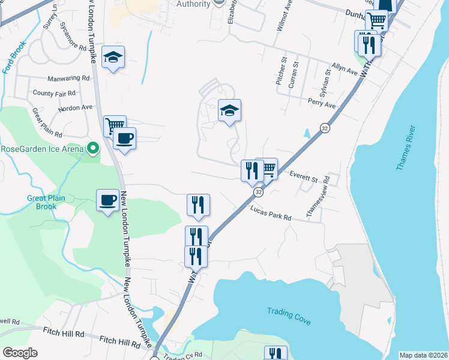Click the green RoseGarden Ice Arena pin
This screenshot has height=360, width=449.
pyautogui.click(x=92, y=148)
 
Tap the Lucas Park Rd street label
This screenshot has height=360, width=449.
pyautogui.click(x=271, y=214)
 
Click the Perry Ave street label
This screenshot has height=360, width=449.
pyautogui.click(x=322, y=103)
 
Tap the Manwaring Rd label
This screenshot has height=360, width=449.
pyautogui.click(x=69, y=78)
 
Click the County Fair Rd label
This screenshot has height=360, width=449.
pyautogui.click(x=54, y=93)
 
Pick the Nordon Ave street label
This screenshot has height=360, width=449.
pyautogui.click(x=76, y=108)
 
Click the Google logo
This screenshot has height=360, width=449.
pyautogui.click(x=20, y=353)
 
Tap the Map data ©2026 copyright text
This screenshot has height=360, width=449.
pyautogui.click(x=423, y=355)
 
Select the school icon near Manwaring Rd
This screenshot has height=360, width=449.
pyautogui.click(x=113, y=58)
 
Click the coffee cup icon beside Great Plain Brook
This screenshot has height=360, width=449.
pyautogui.click(x=108, y=200)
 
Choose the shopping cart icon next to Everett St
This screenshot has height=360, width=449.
pyautogui.click(x=266, y=169)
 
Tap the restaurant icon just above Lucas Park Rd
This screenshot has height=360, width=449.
pyautogui.click(x=198, y=205)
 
